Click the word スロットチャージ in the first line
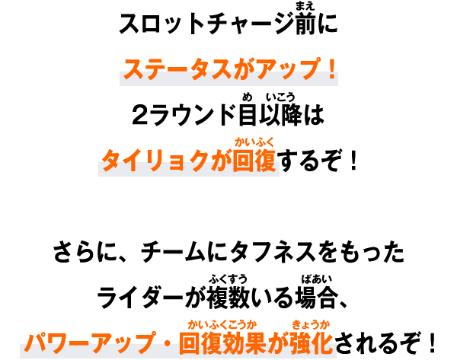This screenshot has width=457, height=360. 206,24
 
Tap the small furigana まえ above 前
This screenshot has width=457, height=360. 305,6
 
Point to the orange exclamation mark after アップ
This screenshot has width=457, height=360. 331,68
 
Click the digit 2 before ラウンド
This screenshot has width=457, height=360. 141,115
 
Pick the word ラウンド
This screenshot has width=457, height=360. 193,115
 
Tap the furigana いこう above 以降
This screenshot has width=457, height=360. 280,97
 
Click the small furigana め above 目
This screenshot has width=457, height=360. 247,97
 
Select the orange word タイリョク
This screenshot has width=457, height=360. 155,161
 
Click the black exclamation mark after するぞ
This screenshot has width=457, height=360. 353,160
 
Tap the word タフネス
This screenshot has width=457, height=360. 273,252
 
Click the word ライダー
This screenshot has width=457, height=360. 140,298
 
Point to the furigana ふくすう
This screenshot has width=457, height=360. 228,279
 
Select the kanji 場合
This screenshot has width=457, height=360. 316,298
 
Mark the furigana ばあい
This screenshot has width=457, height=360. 317,279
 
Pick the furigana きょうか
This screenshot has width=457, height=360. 312,324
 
